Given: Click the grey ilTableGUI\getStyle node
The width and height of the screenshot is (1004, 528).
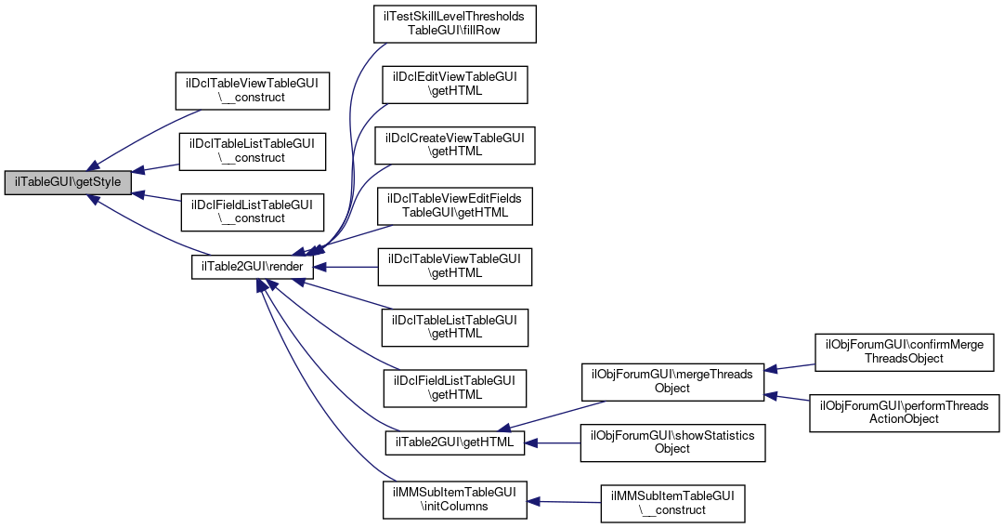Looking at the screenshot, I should (66, 183).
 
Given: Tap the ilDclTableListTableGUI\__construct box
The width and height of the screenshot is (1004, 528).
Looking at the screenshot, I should (253, 151).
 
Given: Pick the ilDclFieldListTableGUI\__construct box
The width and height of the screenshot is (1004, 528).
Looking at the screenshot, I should (253, 210).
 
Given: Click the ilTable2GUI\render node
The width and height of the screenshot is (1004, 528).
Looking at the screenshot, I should (253, 267).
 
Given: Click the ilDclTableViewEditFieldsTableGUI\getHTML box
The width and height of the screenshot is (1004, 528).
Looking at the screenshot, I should (454, 205).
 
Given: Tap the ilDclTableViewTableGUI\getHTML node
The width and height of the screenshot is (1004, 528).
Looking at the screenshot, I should (454, 266).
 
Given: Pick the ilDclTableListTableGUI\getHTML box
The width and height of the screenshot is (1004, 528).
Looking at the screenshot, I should (454, 327).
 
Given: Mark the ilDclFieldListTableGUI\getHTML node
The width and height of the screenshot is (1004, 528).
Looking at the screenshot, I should (454, 388).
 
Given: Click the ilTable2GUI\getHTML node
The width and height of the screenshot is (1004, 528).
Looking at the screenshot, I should (454, 442).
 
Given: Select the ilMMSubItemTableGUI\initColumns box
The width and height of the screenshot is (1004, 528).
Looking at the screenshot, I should (454, 498).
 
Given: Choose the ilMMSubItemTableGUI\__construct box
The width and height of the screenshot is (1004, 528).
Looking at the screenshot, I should (672, 503).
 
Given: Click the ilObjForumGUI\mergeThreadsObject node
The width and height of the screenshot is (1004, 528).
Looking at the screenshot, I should (672, 381).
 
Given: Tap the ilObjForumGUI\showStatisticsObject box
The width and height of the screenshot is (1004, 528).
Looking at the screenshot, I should (672, 442).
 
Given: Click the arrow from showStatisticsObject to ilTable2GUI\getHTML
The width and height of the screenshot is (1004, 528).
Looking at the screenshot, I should (554, 442).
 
